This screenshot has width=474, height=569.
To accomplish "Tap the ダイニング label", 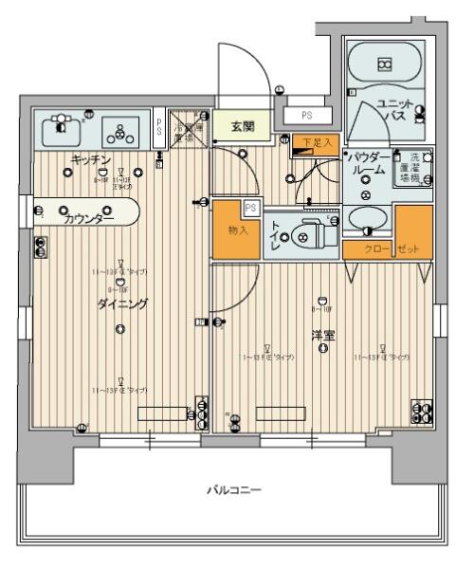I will pyautogui.click(x=121, y=303).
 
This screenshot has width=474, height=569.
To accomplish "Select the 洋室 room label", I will pyautogui.click(x=323, y=336).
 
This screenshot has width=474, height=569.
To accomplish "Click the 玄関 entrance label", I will pyautogui.click(x=241, y=125).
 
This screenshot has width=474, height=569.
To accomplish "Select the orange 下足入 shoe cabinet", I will pyautogui.click(x=314, y=143).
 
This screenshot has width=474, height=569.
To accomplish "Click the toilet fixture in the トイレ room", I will pyautogui.click(x=304, y=229).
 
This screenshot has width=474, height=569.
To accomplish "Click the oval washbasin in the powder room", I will pyautogui.click(x=367, y=220).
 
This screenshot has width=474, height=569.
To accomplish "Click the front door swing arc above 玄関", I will pyautogui.click(x=237, y=68).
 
